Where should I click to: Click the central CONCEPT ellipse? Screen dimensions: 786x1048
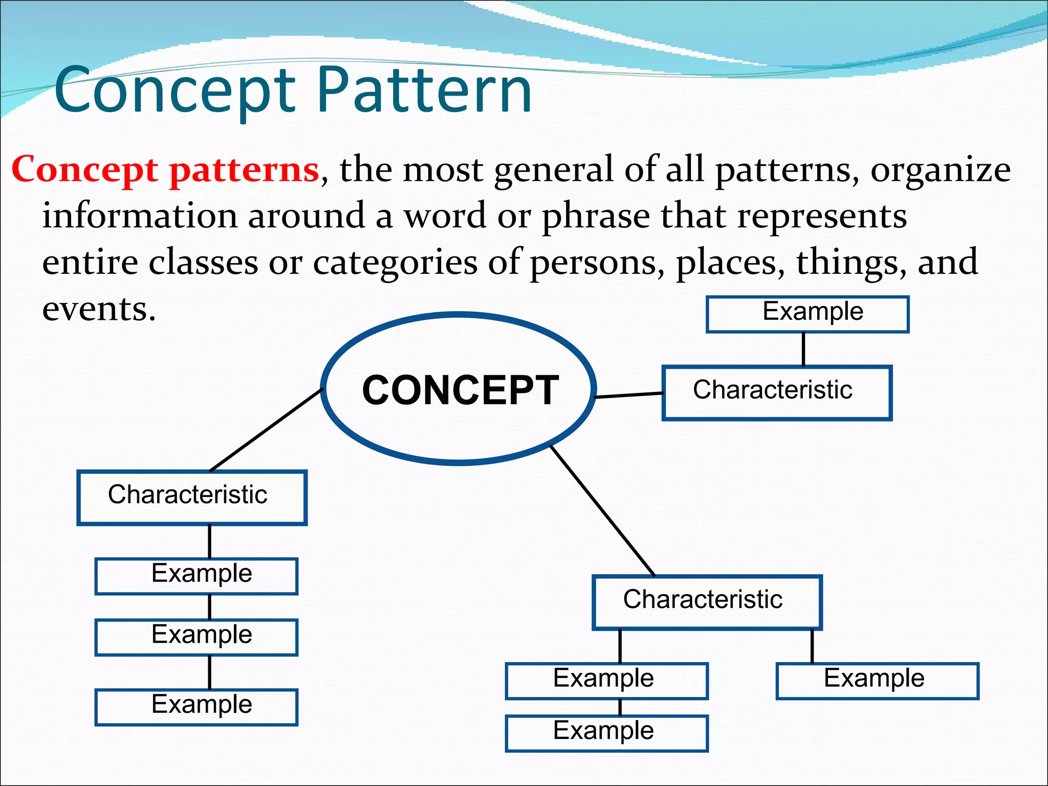(459, 389)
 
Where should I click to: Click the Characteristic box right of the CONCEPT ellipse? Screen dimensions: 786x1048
(776, 393)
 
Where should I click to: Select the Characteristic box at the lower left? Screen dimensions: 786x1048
(192, 497)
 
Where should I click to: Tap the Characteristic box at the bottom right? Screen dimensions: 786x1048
(707, 602)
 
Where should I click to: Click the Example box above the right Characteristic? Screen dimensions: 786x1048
(807, 314)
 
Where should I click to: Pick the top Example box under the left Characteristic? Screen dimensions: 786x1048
(196, 576)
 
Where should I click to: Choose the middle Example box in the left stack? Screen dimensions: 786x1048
(196, 637)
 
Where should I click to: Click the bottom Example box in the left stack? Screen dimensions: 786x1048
(196, 707)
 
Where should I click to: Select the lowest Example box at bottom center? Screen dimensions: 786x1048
(606, 733)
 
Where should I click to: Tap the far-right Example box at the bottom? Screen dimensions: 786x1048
(877, 681)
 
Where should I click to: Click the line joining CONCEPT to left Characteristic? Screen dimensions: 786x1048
(266, 430)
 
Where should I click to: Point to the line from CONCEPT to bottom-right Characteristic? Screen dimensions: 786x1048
(602, 510)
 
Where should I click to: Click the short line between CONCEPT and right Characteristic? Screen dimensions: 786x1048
(629, 395)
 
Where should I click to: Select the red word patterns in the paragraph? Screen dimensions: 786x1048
(245, 170)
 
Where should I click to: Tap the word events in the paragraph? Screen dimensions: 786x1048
(98, 309)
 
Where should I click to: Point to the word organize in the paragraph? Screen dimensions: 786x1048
(941, 170)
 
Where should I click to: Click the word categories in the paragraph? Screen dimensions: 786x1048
(395, 263)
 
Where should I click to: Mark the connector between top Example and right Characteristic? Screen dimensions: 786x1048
(803, 349)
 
